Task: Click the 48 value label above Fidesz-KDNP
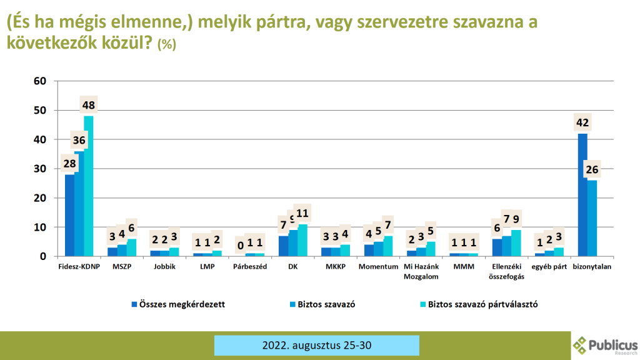pos(88,104)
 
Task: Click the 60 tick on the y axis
pos(41,81)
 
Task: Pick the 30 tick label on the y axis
pos(41,169)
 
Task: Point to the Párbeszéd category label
pos(250,267)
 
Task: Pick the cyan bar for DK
pos(303,240)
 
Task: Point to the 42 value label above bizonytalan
pos(582,122)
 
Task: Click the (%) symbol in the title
pos(167,44)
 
